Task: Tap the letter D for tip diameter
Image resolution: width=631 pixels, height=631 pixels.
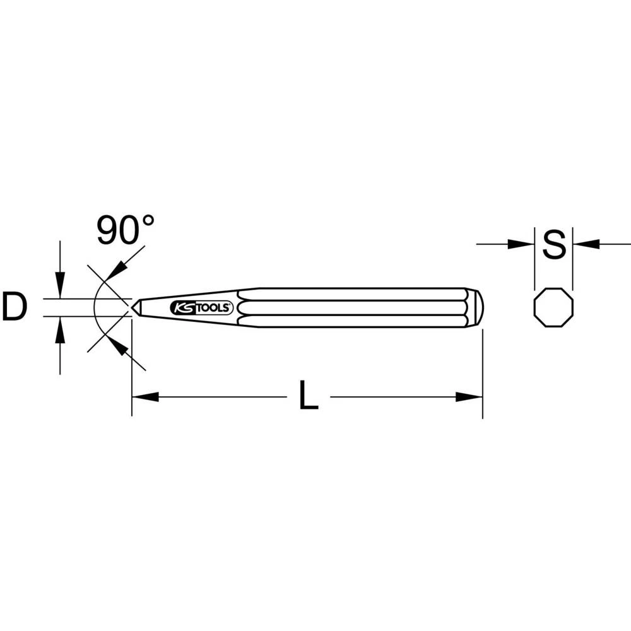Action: coord(15,307)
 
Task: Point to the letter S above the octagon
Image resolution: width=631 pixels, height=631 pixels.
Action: coord(553,245)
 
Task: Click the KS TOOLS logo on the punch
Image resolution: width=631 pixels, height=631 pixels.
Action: coord(202,307)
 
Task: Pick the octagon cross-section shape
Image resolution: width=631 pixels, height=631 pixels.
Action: coord(553,308)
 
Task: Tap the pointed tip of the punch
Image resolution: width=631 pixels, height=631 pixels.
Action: coord(134,307)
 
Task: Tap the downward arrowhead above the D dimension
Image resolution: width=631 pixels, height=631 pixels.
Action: coord(60,287)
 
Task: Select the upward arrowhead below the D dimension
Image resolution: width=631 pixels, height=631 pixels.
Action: coord(60,328)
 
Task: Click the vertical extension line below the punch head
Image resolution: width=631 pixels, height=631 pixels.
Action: coord(482,372)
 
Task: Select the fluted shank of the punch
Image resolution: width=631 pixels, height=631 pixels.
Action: coord(353,307)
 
